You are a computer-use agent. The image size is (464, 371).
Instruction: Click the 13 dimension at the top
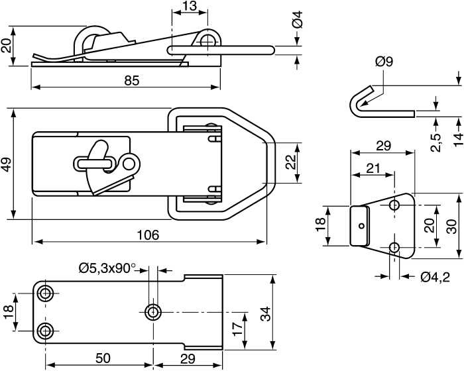point(190,5)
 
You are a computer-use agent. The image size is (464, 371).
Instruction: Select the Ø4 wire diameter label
point(298,19)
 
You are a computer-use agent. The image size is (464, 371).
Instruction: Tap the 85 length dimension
point(132,80)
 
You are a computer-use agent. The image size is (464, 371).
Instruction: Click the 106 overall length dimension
point(148,235)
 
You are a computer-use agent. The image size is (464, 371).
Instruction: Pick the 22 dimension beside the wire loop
point(291,162)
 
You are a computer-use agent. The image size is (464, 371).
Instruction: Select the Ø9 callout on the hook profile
point(384,62)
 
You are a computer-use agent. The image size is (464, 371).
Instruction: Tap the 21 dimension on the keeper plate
point(373,168)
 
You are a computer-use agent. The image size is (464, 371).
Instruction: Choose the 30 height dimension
point(452,227)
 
